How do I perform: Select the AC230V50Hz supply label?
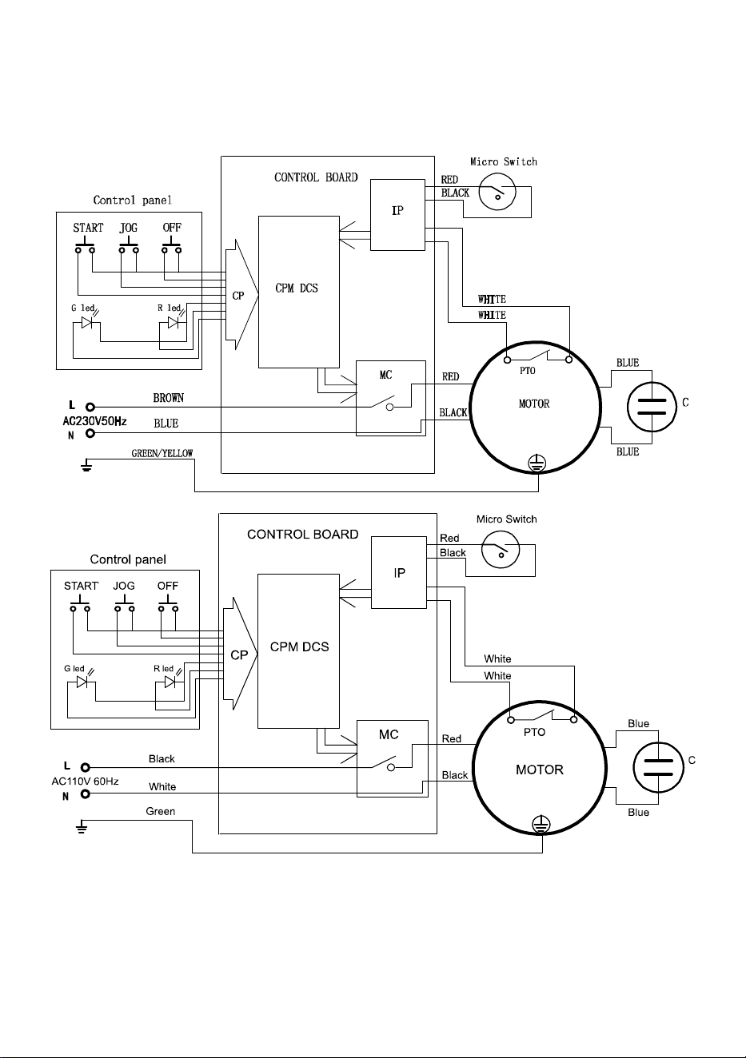[x=94, y=421]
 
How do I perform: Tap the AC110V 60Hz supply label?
[x=85, y=782]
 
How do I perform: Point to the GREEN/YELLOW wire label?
[x=162, y=453]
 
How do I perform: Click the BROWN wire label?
[x=168, y=398]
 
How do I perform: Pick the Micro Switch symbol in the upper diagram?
[x=497, y=192]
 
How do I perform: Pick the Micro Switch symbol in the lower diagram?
[x=501, y=549]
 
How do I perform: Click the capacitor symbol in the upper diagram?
[x=652, y=407]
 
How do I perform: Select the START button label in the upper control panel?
[x=88, y=228]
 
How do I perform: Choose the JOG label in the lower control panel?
[x=124, y=586]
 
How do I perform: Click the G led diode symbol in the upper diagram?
[x=87, y=323]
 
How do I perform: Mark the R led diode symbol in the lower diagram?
[x=170, y=682]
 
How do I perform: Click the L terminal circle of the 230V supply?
[x=90, y=407]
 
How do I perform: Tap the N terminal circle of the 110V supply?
[x=85, y=794]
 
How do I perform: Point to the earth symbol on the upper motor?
[x=537, y=463]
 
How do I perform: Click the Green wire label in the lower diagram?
[x=160, y=811]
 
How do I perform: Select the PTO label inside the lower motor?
[x=534, y=732]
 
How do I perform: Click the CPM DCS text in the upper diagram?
[x=297, y=288]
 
